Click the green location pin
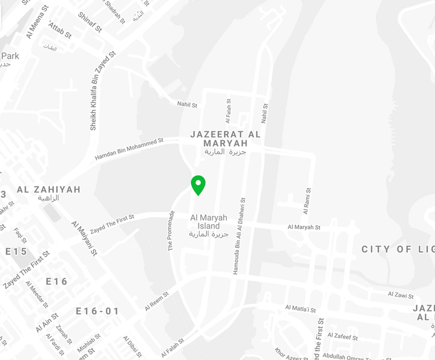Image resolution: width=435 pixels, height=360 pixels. coord(198,185)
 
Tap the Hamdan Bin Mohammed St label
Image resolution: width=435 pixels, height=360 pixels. coord(129,149)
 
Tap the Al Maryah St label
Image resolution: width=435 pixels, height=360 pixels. coord(304,226)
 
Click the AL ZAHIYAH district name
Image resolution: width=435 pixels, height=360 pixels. coord(49,189)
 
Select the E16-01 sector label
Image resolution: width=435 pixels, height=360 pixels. coord(97,312)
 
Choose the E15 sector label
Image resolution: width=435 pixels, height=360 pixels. coord(16,251)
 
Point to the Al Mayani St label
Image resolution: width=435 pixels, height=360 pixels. coord(84,238)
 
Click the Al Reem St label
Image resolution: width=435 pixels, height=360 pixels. coord(157,300)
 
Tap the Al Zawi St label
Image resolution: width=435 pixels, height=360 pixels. coord(401,294)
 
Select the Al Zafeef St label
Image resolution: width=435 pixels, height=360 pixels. coord(342,337)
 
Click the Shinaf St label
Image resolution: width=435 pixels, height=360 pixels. coord(90,21)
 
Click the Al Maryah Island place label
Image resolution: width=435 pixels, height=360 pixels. coord(206,221)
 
